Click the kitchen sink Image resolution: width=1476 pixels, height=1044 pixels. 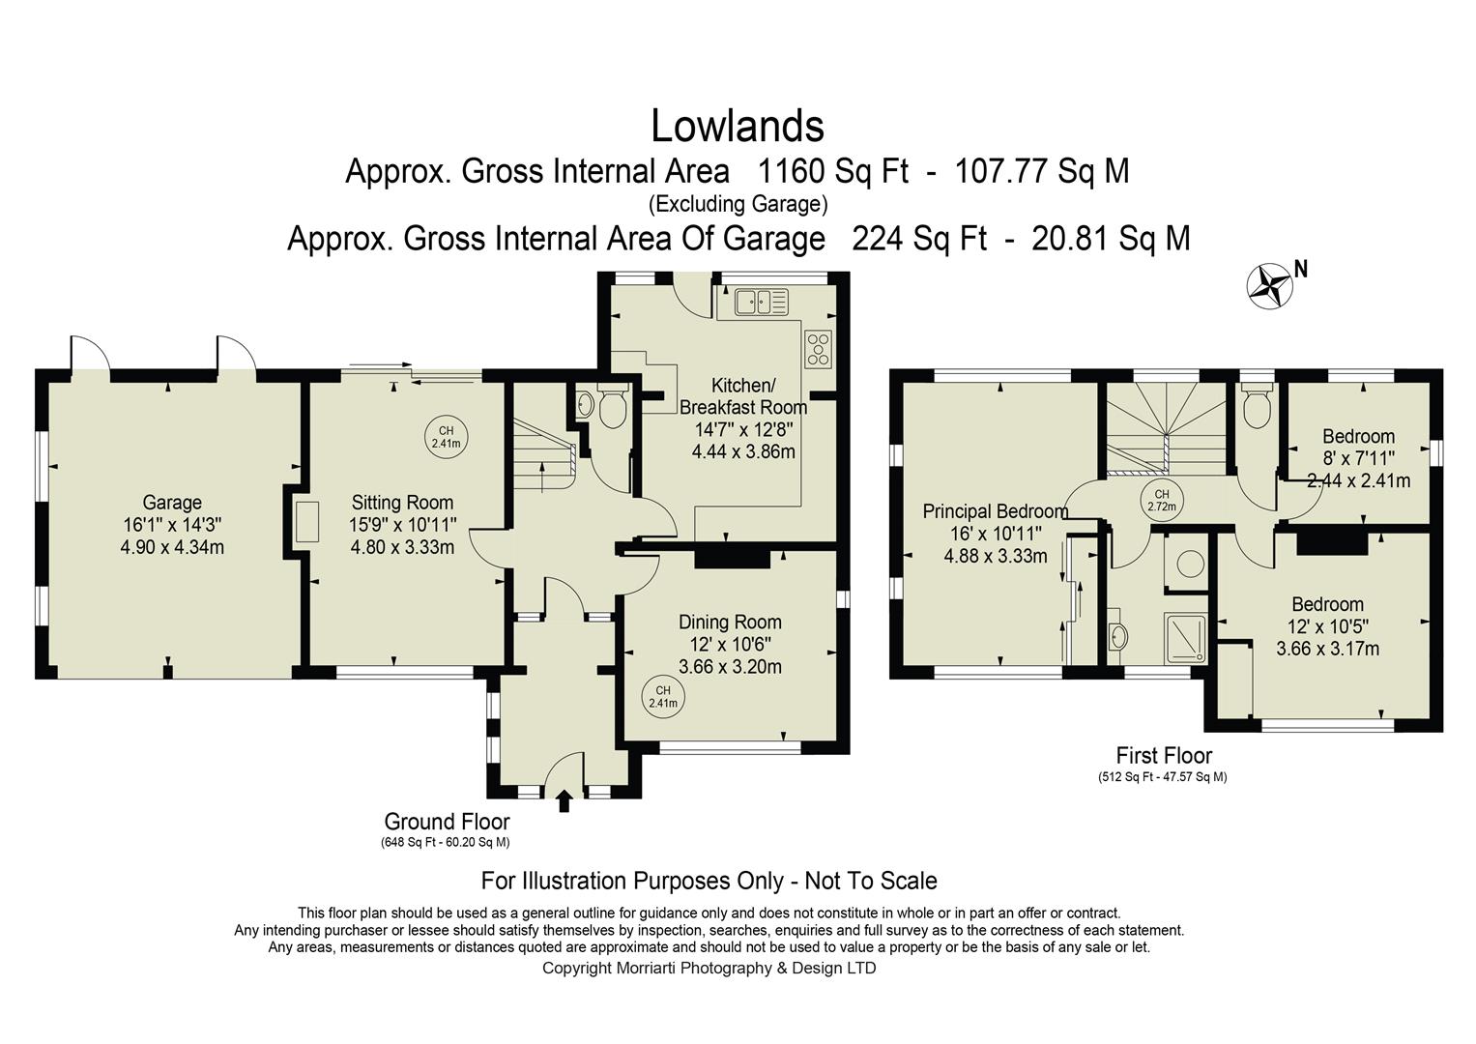pyautogui.click(x=760, y=303)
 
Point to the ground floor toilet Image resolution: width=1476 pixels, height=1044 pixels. pyautogui.click(x=612, y=408)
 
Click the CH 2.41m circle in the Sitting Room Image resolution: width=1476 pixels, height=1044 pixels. pyautogui.click(x=446, y=437)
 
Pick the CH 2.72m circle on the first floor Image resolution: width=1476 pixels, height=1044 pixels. pyautogui.click(x=1161, y=500)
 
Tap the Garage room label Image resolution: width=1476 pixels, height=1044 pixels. pyautogui.click(x=172, y=503)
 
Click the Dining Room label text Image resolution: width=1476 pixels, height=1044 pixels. pyautogui.click(x=730, y=623)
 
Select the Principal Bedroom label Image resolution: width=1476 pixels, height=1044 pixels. pyautogui.click(x=995, y=511)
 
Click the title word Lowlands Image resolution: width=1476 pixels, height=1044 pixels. pyautogui.click(x=737, y=127)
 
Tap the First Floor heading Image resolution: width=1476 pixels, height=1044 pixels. pyautogui.click(x=1163, y=756)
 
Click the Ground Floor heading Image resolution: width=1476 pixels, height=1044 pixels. pyautogui.click(x=447, y=822)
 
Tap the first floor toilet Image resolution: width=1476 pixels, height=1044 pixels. pyautogui.click(x=1257, y=409)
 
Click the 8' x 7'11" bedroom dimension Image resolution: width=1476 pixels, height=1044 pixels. pyautogui.click(x=1358, y=458)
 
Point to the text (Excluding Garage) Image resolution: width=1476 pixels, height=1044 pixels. pyautogui.click(x=738, y=204)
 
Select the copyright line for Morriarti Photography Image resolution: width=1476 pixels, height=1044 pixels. pyautogui.click(x=709, y=968)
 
